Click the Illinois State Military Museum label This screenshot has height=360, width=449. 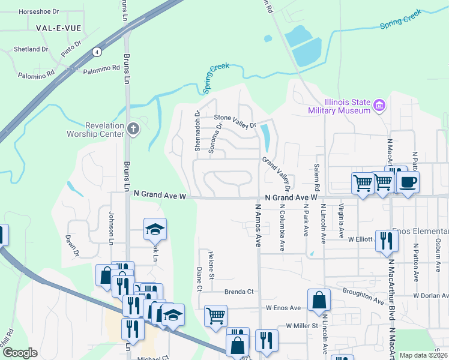339,106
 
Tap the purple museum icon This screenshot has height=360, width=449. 379,106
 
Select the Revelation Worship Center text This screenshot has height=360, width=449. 104,129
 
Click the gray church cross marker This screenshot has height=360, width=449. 133,128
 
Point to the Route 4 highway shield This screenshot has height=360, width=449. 96,52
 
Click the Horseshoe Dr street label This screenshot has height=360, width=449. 40,11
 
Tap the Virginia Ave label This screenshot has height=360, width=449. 341,220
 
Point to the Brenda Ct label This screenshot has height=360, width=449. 240,292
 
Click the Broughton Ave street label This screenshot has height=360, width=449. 363,295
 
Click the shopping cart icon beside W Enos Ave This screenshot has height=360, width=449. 215,315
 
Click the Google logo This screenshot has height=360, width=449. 20,353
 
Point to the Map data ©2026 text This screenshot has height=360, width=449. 423,355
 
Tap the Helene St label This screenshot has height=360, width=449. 211,265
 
